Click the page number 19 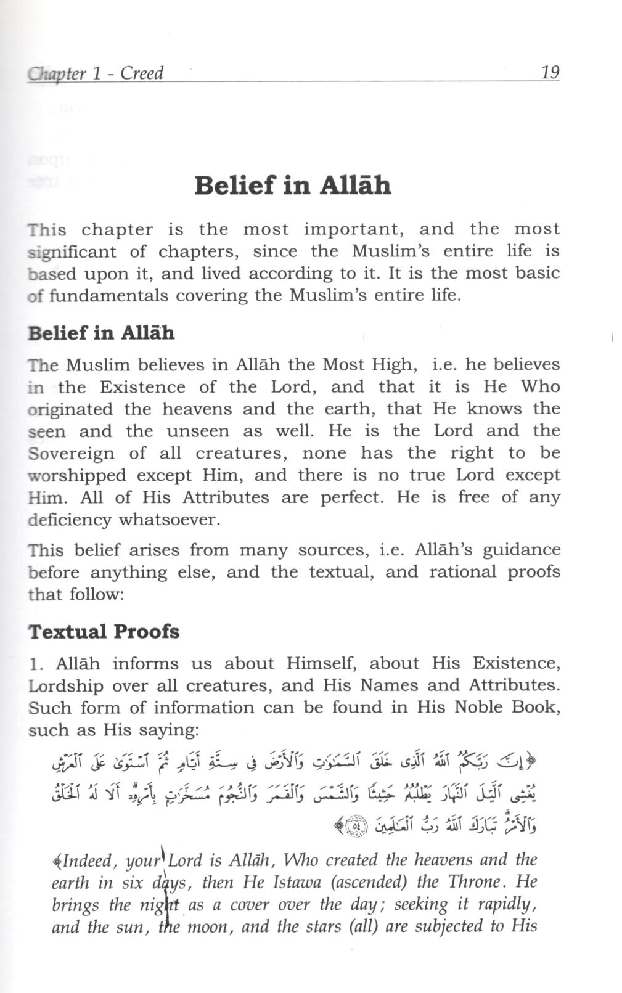549,72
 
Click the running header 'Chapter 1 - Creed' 96,73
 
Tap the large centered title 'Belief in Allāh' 293,185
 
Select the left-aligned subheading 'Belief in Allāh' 101,333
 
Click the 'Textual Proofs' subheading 104,632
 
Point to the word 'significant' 72,251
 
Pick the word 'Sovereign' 71,454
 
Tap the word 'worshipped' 77,475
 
